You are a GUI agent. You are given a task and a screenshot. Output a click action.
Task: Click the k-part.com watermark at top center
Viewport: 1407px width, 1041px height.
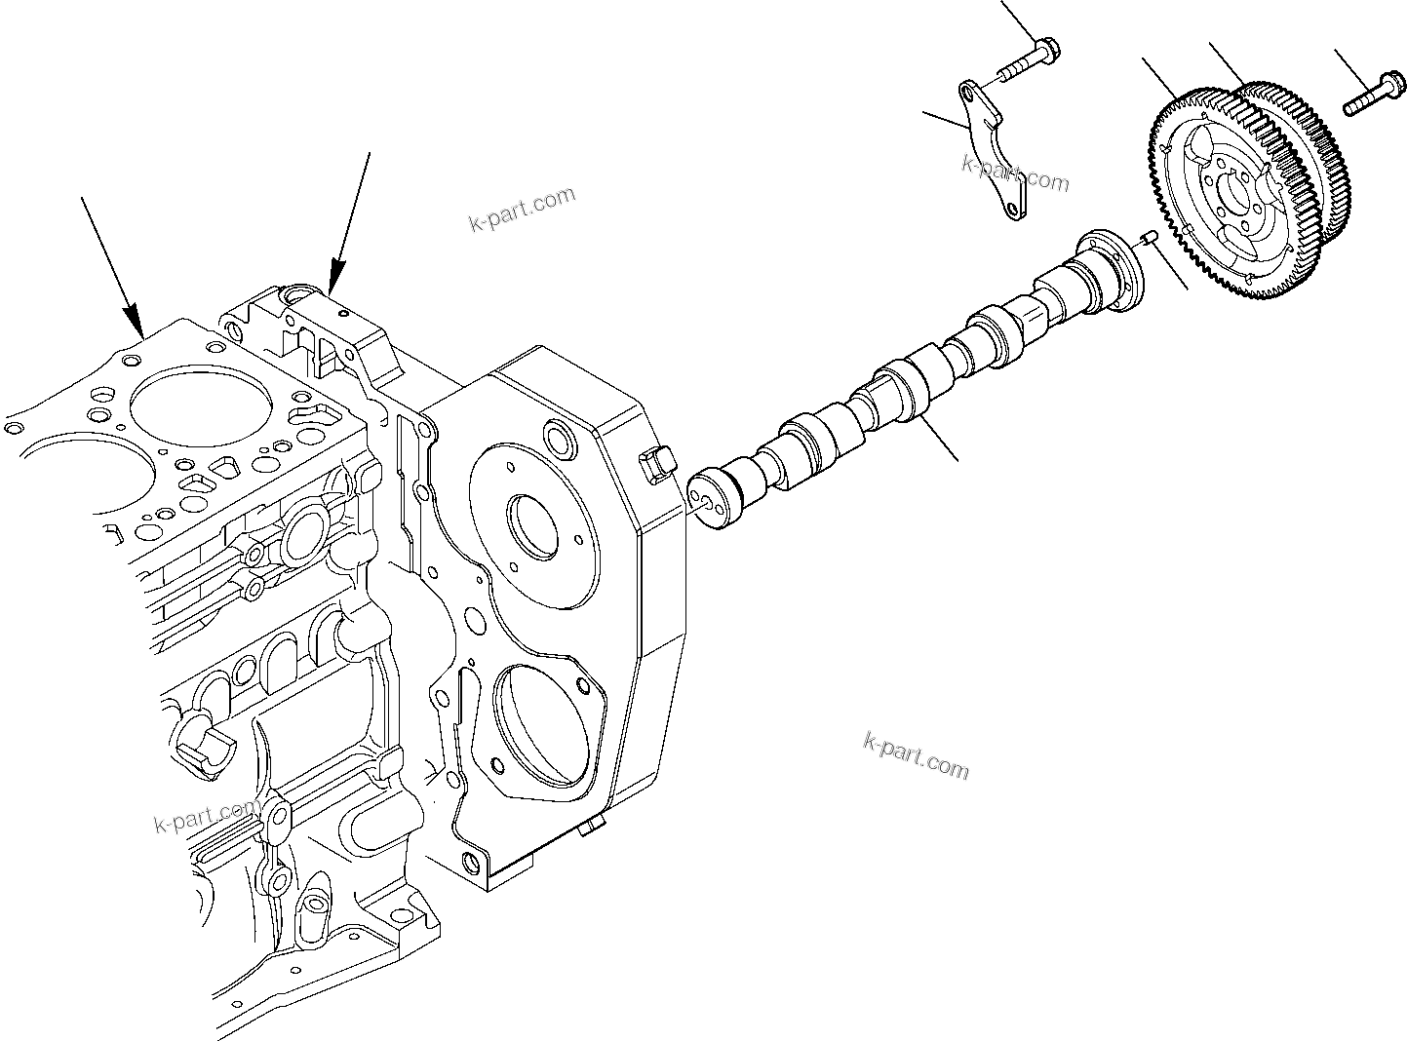pyautogui.click(x=522, y=211)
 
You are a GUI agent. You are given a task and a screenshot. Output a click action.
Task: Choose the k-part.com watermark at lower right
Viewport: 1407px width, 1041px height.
pyautogui.click(x=917, y=754)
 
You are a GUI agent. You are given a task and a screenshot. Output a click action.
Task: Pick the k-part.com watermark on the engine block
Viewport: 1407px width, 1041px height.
pyautogui.click(x=207, y=817)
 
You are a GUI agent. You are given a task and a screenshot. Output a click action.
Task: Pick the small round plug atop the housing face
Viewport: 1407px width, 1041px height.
pyautogui.click(x=558, y=439)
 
